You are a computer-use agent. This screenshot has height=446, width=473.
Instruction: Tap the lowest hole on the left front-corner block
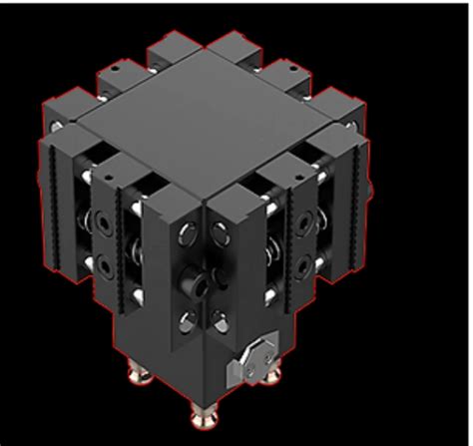click(x=186, y=319)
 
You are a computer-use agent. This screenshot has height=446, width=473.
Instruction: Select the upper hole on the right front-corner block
click(x=222, y=235)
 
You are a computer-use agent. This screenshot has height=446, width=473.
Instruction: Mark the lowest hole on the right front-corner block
click(x=221, y=319)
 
